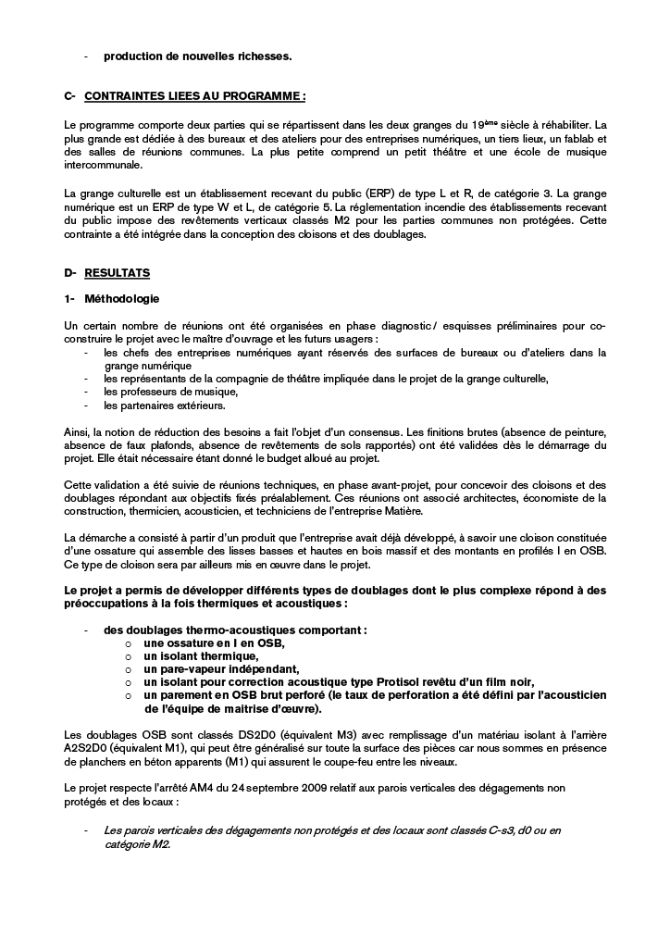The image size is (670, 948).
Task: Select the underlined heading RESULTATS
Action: click(117, 273)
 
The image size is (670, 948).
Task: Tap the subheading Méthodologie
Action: click(121, 299)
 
